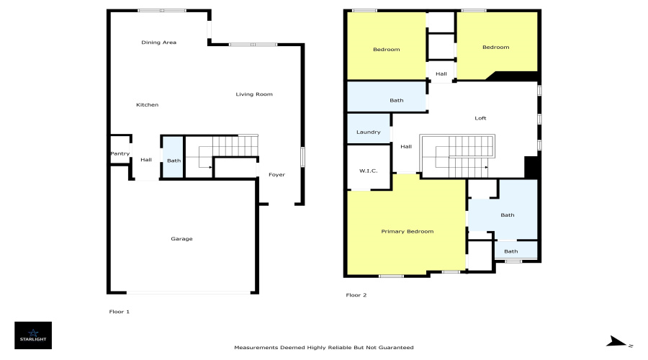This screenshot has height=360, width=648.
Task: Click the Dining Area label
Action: click(158, 42)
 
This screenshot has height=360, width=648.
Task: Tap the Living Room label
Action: click(254, 94)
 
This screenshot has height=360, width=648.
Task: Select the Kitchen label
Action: click(147, 105)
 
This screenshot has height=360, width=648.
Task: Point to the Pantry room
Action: click(120, 150)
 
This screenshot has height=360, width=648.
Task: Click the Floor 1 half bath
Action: click(172, 157)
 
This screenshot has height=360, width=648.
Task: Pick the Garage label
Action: click(182, 239)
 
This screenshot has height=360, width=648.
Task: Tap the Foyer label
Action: click(277, 175)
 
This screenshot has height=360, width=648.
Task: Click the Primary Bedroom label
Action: click(408, 231)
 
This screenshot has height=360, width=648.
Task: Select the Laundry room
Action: click(369, 129)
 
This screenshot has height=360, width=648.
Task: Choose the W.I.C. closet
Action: click(369, 167)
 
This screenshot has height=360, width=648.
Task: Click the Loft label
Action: click(480, 118)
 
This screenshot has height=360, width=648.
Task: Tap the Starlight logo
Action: click(33, 336)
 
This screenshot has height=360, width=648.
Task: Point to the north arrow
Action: click(616, 341)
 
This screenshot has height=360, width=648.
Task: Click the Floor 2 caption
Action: click(356, 295)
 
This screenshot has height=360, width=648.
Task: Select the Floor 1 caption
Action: click(120, 312)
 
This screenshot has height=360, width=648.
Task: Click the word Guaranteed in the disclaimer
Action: click(396, 348)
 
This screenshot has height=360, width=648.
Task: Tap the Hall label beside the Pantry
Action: click(146, 160)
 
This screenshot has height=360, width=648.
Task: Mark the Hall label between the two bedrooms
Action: click(441, 74)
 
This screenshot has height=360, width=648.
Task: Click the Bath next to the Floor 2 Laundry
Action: click(396, 100)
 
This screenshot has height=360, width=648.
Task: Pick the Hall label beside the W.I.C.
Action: click(406, 147)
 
